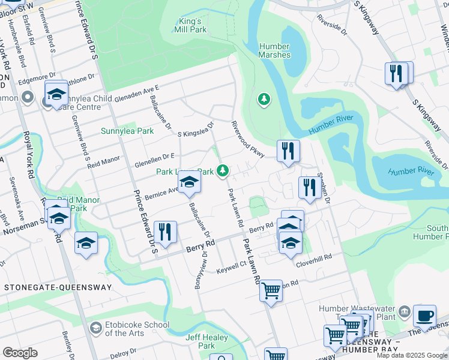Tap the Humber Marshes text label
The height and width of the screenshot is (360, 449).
pyautogui.click(x=275, y=50)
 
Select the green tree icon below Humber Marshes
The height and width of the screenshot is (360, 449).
pyautogui.click(x=263, y=98)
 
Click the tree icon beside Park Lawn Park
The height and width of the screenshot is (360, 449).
pyautogui.click(x=223, y=172)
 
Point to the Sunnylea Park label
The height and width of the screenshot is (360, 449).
pyautogui.click(x=119, y=131)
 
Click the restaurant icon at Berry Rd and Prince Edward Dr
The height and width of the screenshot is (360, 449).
pyautogui.click(x=165, y=232)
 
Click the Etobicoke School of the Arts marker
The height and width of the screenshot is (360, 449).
pyautogui.click(x=95, y=328)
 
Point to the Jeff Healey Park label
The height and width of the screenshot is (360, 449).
pyautogui.click(x=206, y=341)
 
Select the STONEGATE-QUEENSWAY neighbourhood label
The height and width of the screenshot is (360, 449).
pyautogui.click(x=58, y=287)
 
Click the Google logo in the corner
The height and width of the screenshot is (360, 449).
pyautogui.click(x=20, y=352)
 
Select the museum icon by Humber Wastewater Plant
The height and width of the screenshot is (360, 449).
pyautogui.click(x=404, y=310)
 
